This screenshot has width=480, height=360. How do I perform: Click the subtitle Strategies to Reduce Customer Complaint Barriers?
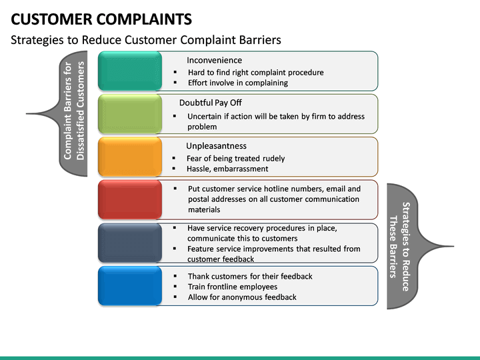[146, 40]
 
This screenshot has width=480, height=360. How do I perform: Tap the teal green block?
[129, 71]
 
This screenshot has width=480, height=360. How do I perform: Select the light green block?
[129, 114]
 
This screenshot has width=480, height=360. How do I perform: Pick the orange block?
[129, 157]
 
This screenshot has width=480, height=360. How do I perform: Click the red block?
[129, 199]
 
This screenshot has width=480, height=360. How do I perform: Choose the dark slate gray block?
[129, 242]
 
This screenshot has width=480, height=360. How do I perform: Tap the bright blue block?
[129, 285]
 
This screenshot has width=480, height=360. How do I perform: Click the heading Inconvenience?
[214, 60]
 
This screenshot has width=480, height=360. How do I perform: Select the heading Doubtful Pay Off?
[210, 103]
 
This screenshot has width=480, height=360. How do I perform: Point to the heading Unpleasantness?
[216, 146]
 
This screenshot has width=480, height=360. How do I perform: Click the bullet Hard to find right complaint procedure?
[255, 72]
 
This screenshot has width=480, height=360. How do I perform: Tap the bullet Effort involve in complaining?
[237, 83]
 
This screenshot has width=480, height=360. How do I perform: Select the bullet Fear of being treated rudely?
[236, 158]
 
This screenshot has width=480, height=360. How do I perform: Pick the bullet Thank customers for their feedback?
[250, 276]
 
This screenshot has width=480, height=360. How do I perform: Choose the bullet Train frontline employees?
[232, 287]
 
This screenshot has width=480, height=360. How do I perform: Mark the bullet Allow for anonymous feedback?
[242, 297]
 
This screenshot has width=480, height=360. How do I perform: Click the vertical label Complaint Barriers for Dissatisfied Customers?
[75, 111]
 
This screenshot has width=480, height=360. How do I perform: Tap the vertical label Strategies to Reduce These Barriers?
[399, 246]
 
